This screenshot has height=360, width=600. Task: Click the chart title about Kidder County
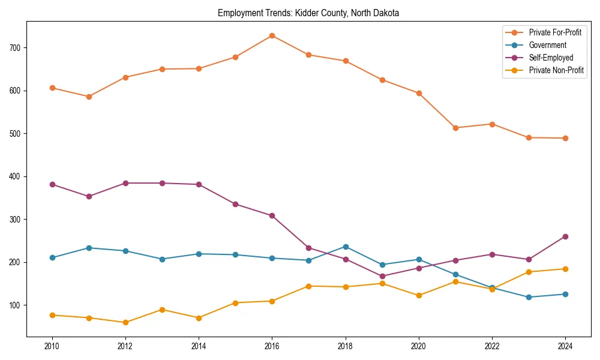pos(308,13)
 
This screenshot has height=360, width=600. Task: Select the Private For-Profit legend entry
pos(555,32)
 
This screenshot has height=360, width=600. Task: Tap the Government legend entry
pos(547,45)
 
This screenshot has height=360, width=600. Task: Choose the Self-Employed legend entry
pos(551,58)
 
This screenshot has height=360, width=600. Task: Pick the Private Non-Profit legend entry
pos(556,70)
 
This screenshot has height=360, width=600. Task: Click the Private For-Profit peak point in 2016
pos(272,35)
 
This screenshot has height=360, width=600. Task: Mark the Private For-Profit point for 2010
pos(52,88)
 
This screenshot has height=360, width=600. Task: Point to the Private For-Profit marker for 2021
pos(455,128)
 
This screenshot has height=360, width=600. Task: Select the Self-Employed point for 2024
pos(565,236)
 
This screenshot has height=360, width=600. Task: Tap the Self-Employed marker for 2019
pos(382,277)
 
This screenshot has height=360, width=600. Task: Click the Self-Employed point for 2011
pos(89,196)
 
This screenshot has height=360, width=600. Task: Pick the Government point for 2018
pos(346,247)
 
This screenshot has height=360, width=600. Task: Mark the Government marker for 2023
pos(529,297)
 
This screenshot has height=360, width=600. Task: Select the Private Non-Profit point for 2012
pos(125,322)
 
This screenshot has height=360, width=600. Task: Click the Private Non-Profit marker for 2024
pos(565,269)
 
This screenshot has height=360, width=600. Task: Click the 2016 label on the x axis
pos(272,346)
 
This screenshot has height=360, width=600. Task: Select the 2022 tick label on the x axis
pos(492,346)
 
